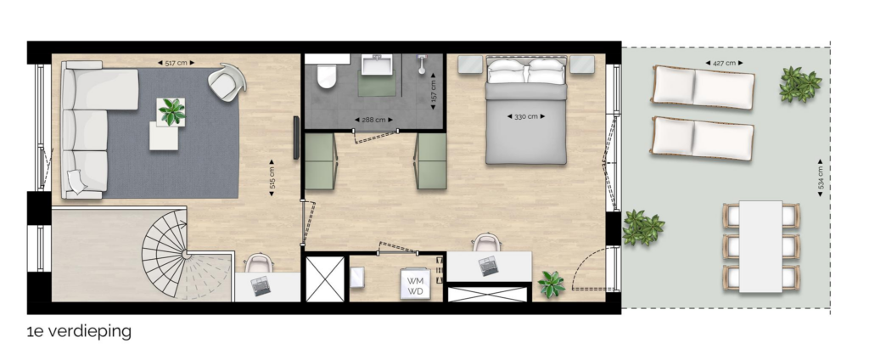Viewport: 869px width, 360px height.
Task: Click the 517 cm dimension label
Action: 177,63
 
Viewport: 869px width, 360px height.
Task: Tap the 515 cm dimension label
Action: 272,178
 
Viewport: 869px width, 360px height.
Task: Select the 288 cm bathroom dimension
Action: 373,120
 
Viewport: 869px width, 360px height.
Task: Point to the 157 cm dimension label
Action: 433,90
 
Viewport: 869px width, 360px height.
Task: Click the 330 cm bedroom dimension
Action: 526,116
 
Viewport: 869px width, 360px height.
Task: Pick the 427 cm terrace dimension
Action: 725,63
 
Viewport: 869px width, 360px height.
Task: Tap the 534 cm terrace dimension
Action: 821,178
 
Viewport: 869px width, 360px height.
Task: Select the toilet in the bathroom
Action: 327,75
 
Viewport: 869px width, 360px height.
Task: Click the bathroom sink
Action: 378,65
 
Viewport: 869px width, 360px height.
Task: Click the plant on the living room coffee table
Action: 171,111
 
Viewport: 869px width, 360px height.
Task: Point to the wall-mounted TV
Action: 296,138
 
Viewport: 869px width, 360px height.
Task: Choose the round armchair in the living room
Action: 227,82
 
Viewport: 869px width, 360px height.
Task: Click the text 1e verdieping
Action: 79,332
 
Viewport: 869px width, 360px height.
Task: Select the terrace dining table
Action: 761,246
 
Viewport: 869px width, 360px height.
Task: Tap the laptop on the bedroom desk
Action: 488,266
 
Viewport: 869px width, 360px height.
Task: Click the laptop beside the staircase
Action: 261,286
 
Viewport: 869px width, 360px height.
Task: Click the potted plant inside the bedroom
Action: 552,284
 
